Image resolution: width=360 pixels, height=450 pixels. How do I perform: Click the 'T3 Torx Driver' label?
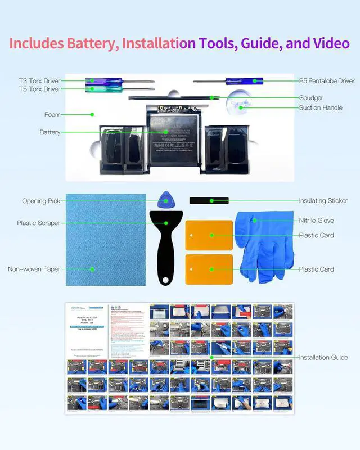[x=39, y=81]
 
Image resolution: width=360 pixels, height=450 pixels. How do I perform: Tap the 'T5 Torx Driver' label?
[x=39, y=89]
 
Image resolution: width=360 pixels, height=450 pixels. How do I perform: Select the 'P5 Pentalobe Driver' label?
[x=327, y=81]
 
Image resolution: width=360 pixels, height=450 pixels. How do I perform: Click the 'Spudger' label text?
[x=311, y=98]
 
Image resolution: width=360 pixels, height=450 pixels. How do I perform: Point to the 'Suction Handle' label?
[x=321, y=107]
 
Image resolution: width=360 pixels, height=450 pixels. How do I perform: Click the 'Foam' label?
[x=52, y=115]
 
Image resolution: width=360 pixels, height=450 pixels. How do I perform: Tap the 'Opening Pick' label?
[x=41, y=201]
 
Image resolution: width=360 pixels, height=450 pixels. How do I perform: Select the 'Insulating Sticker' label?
[x=323, y=201]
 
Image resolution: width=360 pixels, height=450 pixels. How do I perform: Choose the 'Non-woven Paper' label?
[x=33, y=269]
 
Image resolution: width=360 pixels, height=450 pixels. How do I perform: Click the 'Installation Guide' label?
[x=323, y=357]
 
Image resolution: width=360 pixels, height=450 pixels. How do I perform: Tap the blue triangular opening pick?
[x=165, y=199]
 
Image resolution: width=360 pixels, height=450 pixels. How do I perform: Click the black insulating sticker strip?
[x=209, y=200]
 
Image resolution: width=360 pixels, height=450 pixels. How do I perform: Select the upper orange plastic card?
[x=209, y=235]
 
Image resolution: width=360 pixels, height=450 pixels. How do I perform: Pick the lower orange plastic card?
[x=209, y=269]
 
